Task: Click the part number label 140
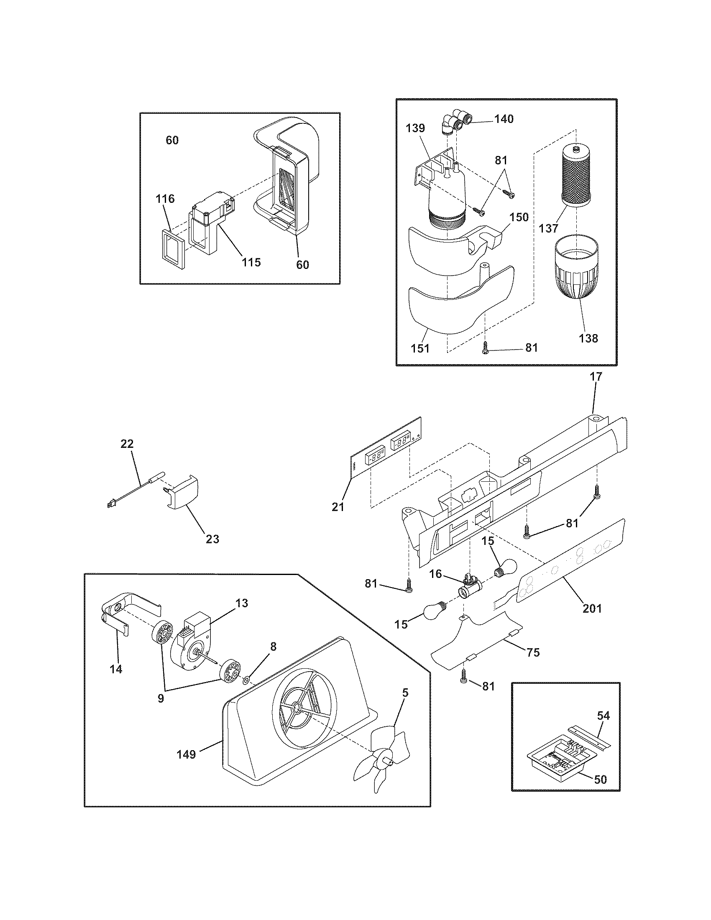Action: point(504,119)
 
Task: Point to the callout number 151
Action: point(420,348)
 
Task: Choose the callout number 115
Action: point(251,262)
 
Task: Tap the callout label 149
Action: point(186,754)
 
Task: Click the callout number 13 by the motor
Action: point(242,603)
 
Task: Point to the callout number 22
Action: point(127,444)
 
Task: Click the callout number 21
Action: point(338,507)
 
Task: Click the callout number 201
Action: point(592,608)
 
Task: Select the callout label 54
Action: point(604,716)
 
